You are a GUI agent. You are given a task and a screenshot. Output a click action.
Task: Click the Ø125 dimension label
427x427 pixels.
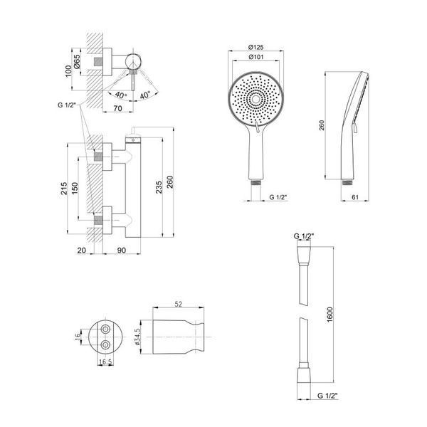[255, 47]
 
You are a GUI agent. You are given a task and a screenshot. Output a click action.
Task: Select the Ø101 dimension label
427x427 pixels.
[255, 57]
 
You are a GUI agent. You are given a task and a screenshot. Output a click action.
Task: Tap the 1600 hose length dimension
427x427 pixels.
[330, 315]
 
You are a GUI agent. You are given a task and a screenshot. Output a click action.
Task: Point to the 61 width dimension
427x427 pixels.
[355, 197]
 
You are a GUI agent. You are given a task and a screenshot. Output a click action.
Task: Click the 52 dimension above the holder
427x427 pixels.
[178, 304]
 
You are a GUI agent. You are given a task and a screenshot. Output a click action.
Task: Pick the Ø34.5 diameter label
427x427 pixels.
[137, 337]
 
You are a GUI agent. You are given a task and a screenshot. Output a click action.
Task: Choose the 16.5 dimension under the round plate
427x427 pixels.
[105, 362]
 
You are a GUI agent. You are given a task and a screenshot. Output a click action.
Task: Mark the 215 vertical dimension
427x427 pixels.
[64, 189]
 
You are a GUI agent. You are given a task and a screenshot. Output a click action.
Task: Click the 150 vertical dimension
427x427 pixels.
[75, 189]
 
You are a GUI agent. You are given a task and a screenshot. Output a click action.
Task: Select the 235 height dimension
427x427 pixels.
[159, 187]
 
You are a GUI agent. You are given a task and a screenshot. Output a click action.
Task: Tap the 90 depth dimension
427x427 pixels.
[122, 251]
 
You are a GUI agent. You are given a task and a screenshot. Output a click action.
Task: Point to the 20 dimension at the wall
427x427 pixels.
[81, 251]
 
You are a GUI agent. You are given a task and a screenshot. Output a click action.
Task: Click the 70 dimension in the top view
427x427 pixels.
[117, 108]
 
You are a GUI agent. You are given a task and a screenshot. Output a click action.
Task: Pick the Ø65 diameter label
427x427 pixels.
[77, 62]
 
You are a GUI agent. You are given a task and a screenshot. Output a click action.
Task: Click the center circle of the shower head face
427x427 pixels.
[255, 100]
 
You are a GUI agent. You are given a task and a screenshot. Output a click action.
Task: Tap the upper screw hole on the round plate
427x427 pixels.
[105, 330]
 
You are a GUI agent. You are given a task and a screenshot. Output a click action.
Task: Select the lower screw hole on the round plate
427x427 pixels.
[105, 345]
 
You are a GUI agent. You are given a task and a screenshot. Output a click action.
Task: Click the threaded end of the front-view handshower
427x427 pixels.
[255, 182]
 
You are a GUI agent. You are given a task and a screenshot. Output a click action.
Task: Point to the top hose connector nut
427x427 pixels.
[304, 256]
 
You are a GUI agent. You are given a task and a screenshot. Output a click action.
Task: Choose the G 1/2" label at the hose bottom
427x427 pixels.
[327, 396]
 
